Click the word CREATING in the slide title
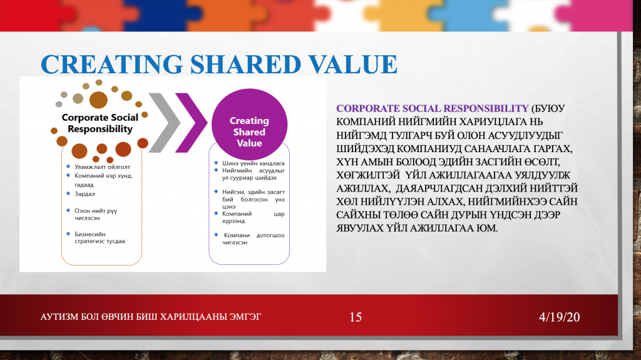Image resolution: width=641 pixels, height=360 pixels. point(111,64)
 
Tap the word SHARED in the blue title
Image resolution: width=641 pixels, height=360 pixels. point(245,64)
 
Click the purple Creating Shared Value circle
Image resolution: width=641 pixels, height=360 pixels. point(249,125)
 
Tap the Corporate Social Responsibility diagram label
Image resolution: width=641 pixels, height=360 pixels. point(100,123)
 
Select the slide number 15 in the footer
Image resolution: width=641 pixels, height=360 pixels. point(356,317)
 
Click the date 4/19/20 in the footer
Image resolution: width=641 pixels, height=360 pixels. point(559,317)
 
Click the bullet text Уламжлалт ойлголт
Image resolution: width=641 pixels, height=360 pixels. point(102,167)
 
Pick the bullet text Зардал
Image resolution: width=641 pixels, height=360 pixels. point(85,194)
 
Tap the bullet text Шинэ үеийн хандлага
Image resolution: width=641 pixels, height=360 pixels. point(254,163)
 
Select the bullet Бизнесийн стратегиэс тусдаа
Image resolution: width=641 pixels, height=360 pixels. point(100,238)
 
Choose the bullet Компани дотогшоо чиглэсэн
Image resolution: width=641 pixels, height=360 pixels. point(254,239)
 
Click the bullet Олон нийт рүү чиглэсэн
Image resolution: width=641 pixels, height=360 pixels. point(96,214)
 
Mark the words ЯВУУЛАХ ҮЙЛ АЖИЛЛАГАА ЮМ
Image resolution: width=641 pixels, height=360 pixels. point(417,228)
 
